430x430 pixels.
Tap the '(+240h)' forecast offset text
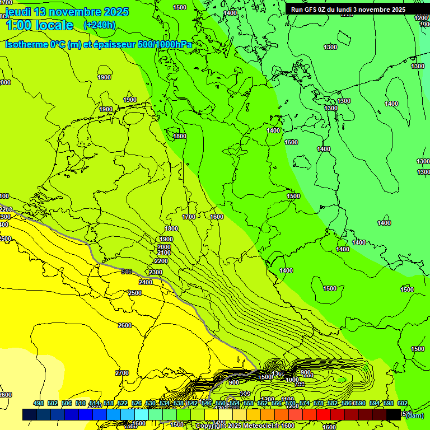[x=99, y=25]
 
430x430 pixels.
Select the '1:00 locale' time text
[x=39, y=25]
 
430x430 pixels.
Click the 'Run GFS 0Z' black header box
[x=348, y=10]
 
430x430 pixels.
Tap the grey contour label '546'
[x=127, y=272]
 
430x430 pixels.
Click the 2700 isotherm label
[x=121, y=373]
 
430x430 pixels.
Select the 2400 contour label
[x=146, y=283]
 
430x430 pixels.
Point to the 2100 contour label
[x=164, y=253]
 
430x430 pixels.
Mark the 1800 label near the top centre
[x=180, y=136]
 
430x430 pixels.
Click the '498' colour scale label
[x=39, y=404]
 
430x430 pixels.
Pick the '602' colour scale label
[x=403, y=404]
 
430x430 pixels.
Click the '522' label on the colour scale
[x=123, y=404]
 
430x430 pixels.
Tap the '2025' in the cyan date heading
[x=114, y=12]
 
